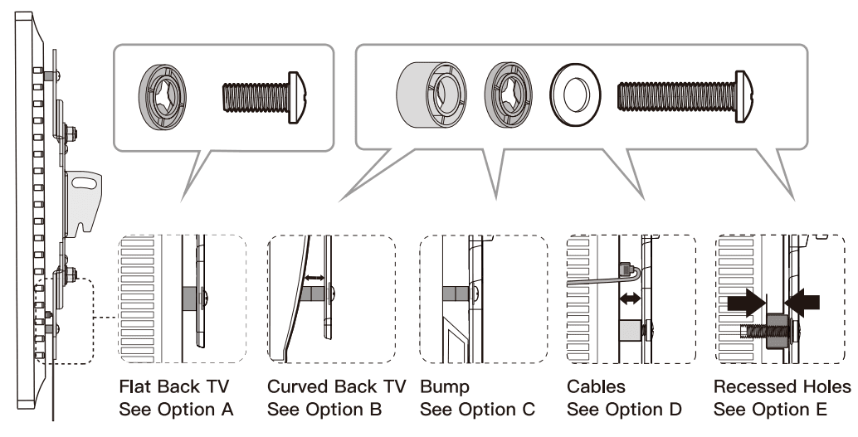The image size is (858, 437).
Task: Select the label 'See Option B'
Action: pos(324,409)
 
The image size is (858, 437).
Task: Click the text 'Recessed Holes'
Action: pos(782,387)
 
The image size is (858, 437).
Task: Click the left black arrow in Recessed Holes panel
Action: pos(745,301)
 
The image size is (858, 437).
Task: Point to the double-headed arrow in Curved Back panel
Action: pos(314,277)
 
